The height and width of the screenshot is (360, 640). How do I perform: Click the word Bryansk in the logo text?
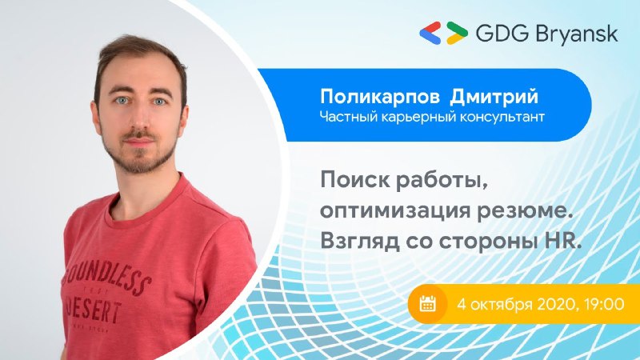coord(576,34)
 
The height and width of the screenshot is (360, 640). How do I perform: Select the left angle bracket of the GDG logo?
coord(430,33)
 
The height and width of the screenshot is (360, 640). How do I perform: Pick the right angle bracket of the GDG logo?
coord(457,33)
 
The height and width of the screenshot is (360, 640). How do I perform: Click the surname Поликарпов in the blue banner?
coord(380,97)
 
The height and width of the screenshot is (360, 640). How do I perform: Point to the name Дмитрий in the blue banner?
coord(494,98)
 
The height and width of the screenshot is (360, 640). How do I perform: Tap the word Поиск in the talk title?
coord(355,180)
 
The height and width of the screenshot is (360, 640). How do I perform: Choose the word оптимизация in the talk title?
coord(394,211)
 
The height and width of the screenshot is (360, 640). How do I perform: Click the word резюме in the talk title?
coord(523,211)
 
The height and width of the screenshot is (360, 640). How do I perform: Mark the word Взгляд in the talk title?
coord(359,242)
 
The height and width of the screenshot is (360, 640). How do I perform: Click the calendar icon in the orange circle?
coord(427,304)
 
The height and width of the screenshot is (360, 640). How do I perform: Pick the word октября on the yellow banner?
coord(500,305)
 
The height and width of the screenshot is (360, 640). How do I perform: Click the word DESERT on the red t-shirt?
coord(94,311)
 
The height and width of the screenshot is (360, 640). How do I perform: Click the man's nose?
coord(139,119)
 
